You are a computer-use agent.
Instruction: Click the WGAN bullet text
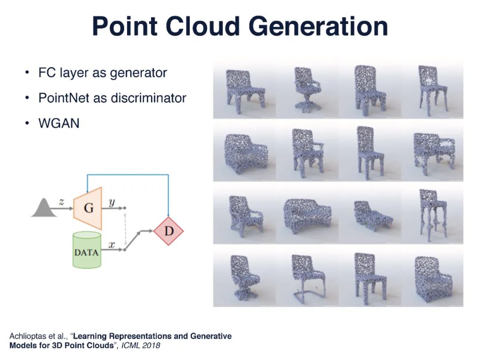pyautogui.click(x=59, y=123)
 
